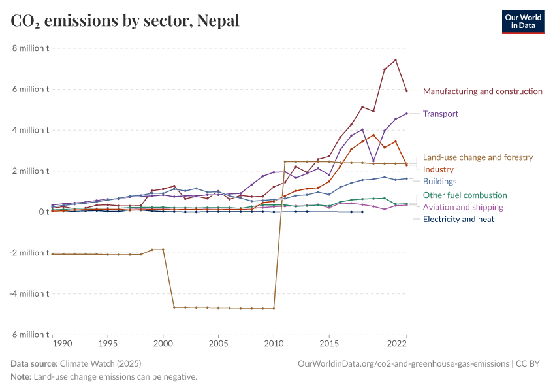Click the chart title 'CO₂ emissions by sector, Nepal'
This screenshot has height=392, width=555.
point(125,21)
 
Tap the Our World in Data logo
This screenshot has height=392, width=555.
point(522,22)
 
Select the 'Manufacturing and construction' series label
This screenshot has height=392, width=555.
point(483,91)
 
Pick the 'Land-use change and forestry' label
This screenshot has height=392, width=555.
point(478,157)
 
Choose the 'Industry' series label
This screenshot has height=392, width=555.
point(438,169)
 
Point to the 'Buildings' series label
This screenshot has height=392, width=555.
point(439,181)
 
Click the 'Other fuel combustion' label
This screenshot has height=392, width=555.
point(465,195)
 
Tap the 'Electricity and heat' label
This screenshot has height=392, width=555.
point(458,219)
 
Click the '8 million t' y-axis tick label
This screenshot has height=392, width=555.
point(30,48)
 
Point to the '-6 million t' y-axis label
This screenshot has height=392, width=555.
point(29,335)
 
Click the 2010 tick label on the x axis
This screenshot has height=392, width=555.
point(274,343)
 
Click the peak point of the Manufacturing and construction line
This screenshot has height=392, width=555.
point(396,60)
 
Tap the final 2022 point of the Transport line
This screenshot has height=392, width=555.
point(407,114)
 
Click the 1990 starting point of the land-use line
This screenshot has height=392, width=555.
point(52,254)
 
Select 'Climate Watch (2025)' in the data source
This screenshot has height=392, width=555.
point(100,363)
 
